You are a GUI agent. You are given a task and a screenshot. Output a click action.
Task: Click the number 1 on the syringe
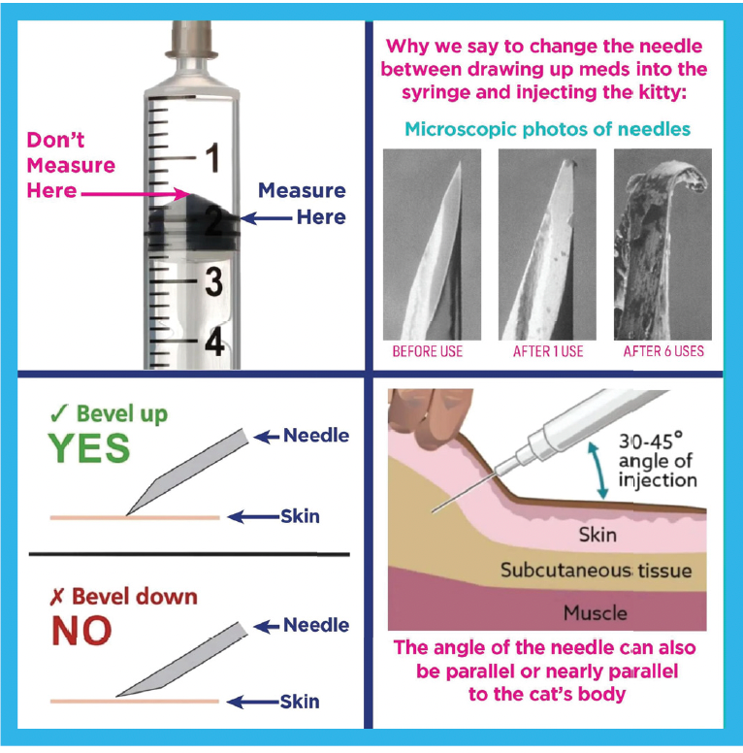tap(212, 157)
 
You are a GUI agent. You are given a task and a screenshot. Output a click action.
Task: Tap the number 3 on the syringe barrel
tap(213, 281)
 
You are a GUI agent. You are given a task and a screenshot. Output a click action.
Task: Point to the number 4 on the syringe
tap(214, 342)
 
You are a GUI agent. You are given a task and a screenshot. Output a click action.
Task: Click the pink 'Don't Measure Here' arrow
tap(136, 194)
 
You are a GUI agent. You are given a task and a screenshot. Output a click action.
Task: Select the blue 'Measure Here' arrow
tap(266, 218)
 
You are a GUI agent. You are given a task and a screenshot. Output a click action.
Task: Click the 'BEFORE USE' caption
tap(427, 351)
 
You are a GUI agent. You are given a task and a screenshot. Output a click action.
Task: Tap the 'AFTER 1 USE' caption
tap(548, 351)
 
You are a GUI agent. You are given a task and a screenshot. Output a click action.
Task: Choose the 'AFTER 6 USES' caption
tap(663, 351)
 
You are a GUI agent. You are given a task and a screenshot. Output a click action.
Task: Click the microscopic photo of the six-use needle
tap(662, 245)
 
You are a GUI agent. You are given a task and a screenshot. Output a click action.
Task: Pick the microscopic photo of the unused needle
tap(432, 245)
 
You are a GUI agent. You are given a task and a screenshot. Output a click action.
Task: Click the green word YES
tap(89, 447)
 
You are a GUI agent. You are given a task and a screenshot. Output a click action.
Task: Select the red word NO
tap(81, 630)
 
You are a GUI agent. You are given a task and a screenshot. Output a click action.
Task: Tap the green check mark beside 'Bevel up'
tap(59, 413)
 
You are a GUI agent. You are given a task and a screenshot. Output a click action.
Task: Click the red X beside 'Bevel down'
tap(56, 597)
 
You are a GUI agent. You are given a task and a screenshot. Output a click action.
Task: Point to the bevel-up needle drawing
tap(188, 471)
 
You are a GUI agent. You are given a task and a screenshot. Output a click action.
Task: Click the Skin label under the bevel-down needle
tap(300, 702)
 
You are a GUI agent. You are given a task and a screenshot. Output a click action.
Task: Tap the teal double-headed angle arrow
tap(598, 471)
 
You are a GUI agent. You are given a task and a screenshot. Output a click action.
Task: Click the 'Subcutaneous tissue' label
tap(597, 571)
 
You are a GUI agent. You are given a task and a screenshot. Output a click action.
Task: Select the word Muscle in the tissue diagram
tap(596, 613)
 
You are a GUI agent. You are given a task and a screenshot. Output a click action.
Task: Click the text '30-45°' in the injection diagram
tap(650, 441)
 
